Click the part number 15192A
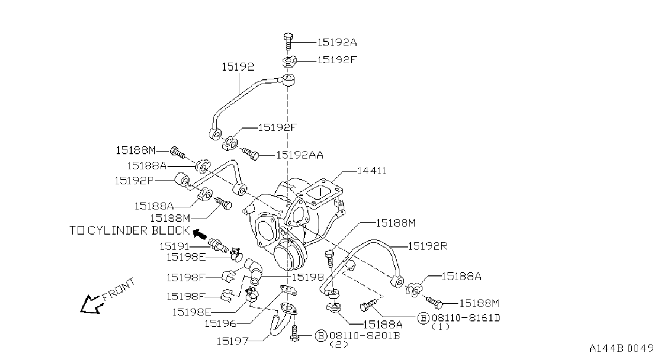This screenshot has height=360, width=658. point(337,43)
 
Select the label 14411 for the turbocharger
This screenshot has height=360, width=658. point(372,171)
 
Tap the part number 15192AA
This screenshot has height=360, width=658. point(300,155)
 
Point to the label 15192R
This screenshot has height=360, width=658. point(428,246)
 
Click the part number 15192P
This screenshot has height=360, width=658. point(134,181)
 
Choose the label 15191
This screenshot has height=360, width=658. point(175,246)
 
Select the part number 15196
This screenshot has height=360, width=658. point(220,324)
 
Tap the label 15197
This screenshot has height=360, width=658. point(232,341)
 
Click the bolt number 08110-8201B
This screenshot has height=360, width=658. point(365,335)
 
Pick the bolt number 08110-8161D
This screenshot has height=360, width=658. point(466,318)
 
